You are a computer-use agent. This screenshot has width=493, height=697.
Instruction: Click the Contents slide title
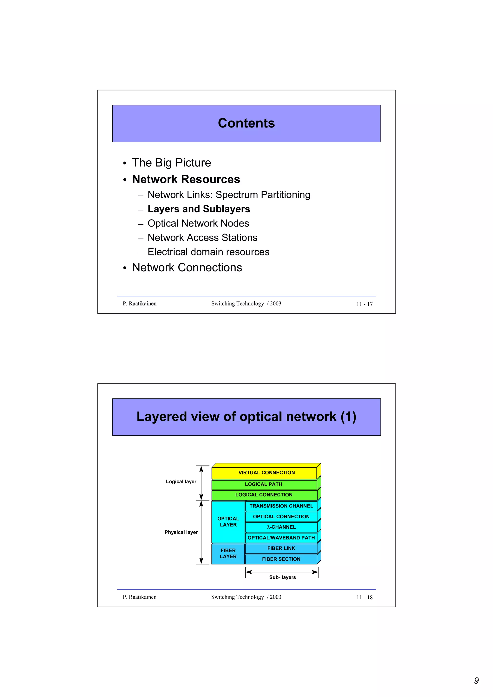[246, 123]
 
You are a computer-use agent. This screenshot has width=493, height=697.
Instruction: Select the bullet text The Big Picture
[171, 163]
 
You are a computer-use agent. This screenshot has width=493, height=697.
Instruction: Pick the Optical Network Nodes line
[198, 223]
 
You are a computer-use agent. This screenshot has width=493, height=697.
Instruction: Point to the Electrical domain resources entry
[208, 252]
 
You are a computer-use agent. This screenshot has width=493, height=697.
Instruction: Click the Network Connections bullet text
[187, 267]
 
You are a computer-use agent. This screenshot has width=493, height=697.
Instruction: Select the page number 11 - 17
[364, 304]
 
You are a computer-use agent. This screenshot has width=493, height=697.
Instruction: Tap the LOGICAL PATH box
[263, 484]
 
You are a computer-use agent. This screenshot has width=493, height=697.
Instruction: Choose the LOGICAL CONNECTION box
[264, 495]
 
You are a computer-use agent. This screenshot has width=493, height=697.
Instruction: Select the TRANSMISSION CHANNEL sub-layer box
[281, 506]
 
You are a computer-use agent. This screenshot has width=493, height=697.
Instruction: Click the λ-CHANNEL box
[281, 527]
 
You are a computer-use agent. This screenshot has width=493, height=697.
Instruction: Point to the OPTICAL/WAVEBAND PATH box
[281, 538]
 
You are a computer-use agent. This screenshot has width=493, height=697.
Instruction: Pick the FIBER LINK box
[281, 548]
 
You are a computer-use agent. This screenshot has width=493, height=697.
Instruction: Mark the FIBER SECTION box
[281, 559]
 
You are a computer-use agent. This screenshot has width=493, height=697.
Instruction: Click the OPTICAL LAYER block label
[228, 521]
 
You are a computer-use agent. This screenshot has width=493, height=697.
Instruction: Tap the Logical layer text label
[181, 482]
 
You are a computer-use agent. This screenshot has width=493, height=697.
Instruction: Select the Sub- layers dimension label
[282, 577]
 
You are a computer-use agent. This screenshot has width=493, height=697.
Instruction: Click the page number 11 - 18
[364, 597]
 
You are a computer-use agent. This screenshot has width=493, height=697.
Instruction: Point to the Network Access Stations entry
[202, 238]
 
